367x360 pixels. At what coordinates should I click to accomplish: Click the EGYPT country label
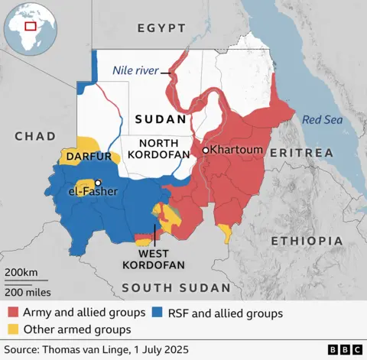(161, 28)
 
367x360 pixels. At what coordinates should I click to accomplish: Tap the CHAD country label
(35, 136)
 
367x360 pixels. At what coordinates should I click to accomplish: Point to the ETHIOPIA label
(307, 241)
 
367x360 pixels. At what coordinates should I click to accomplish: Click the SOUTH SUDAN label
(176, 287)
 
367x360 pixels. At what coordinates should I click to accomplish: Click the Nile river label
(135, 70)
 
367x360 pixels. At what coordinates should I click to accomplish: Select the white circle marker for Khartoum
(205, 151)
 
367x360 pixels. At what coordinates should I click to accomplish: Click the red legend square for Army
(14, 313)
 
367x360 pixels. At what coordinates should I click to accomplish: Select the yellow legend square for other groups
(14, 329)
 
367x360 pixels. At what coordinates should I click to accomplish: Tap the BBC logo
(345, 349)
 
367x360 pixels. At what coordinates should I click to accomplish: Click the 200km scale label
(20, 273)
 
